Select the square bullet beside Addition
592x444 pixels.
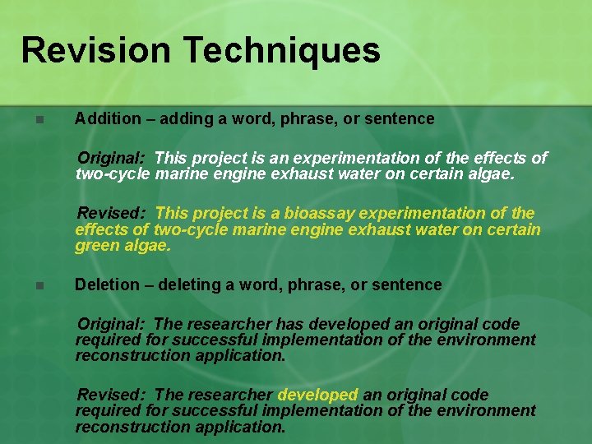38,119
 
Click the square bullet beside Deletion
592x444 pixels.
38,286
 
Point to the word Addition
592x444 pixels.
108,118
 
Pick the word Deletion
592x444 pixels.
107,284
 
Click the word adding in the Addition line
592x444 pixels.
185,118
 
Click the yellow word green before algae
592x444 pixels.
97,245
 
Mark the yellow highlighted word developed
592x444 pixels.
318,395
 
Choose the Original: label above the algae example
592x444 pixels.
112,157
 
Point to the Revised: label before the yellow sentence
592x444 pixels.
112,214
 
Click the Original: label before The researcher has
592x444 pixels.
112,325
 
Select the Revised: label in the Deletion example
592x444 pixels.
112,395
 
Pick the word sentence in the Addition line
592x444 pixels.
400,118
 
